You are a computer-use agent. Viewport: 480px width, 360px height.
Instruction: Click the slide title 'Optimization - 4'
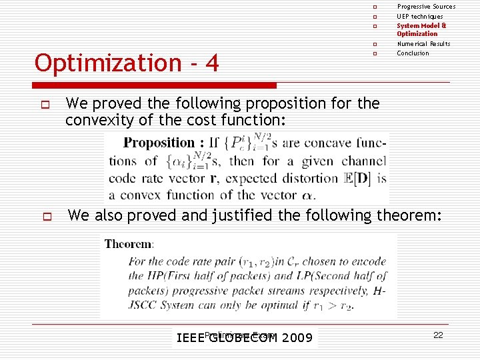pyautogui.click(x=127, y=63)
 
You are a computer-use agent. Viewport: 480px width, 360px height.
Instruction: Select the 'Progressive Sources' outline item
pyautogui.click(x=426, y=7)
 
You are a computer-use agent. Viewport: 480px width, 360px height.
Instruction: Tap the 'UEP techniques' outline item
pyautogui.click(x=420, y=17)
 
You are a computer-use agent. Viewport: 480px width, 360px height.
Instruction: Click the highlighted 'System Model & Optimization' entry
pyautogui.click(x=421, y=29)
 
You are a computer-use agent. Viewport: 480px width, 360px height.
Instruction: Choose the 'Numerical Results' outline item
pyautogui.click(x=423, y=44)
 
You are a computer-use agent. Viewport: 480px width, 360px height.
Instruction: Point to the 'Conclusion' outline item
pyautogui.click(x=413, y=53)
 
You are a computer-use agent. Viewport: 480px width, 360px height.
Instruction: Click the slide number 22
pyautogui.click(x=438, y=335)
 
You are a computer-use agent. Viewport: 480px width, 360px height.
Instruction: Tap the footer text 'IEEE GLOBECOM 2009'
pyautogui.click(x=244, y=338)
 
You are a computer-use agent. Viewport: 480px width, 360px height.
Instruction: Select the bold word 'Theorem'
pyautogui.click(x=127, y=244)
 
